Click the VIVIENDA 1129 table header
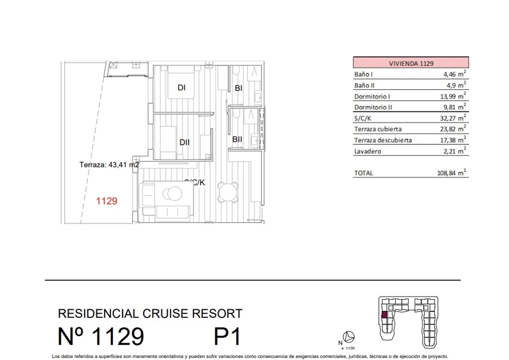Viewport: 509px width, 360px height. pyautogui.click(x=410, y=63)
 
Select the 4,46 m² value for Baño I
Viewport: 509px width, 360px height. pyautogui.click(x=455, y=74)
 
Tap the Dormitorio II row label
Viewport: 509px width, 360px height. pyautogui.click(x=373, y=107)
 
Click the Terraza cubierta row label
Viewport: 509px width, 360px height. pyautogui.click(x=378, y=129)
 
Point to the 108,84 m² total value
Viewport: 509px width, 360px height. pyautogui.click(x=452, y=173)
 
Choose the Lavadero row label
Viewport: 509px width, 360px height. pyautogui.click(x=368, y=151)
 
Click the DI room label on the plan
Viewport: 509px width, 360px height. pyautogui.click(x=181, y=88)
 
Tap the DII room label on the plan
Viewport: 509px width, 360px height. pyautogui.click(x=185, y=142)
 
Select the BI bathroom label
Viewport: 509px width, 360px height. pyautogui.click(x=239, y=88)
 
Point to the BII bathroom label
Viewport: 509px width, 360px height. pyautogui.click(x=237, y=139)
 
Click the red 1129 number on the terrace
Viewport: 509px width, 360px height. pyautogui.click(x=107, y=201)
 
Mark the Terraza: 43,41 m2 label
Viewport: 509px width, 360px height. pyautogui.click(x=109, y=165)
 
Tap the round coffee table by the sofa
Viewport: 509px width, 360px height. pyautogui.click(x=171, y=193)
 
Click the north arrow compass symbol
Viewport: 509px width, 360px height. pyautogui.click(x=349, y=337)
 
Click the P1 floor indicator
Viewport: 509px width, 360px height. pyautogui.click(x=227, y=337)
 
